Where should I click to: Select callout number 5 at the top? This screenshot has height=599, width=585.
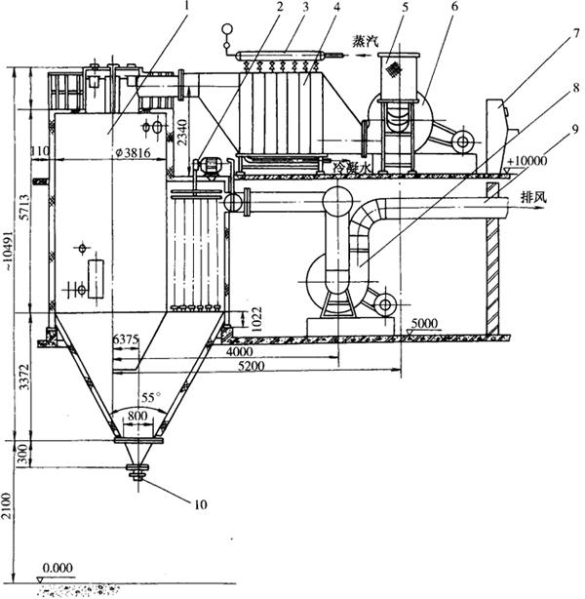point(402,11)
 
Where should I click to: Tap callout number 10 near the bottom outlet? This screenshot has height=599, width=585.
point(201,503)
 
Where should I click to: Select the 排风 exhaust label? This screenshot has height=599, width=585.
point(533,194)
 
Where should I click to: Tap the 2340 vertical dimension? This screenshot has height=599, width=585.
point(183,128)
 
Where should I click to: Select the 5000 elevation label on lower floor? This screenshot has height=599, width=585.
point(424,322)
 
